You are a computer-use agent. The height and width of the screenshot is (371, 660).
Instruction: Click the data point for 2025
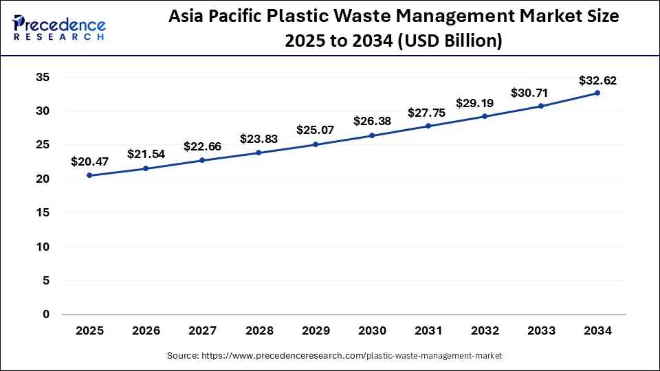click(x=89, y=175)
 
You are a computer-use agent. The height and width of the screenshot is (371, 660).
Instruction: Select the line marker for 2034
click(x=597, y=93)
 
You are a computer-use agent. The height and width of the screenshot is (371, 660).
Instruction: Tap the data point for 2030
click(x=371, y=135)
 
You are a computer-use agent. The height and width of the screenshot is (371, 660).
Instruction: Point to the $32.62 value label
click(x=597, y=80)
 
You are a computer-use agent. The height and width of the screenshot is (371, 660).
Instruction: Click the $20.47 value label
click(x=89, y=162)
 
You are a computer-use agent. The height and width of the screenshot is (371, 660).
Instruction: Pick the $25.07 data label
click(x=315, y=130)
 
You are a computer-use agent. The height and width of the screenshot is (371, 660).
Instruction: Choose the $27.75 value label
click(x=428, y=113)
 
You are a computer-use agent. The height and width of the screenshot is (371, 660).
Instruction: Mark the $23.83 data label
click(x=258, y=138)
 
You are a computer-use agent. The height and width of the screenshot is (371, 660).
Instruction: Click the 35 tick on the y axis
click(x=43, y=78)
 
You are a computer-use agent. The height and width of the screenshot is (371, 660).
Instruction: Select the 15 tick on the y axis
click(x=43, y=213)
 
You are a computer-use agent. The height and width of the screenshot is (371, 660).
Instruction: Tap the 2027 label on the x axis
click(x=202, y=331)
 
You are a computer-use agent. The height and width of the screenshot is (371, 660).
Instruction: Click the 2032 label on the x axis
click(x=484, y=331)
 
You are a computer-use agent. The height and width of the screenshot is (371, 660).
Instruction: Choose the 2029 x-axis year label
click(x=315, y=331)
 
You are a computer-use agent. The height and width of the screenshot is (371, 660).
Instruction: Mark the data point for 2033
click(x=540, y=106)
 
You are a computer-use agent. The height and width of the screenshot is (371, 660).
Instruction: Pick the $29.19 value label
click(x=484, y=103)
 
